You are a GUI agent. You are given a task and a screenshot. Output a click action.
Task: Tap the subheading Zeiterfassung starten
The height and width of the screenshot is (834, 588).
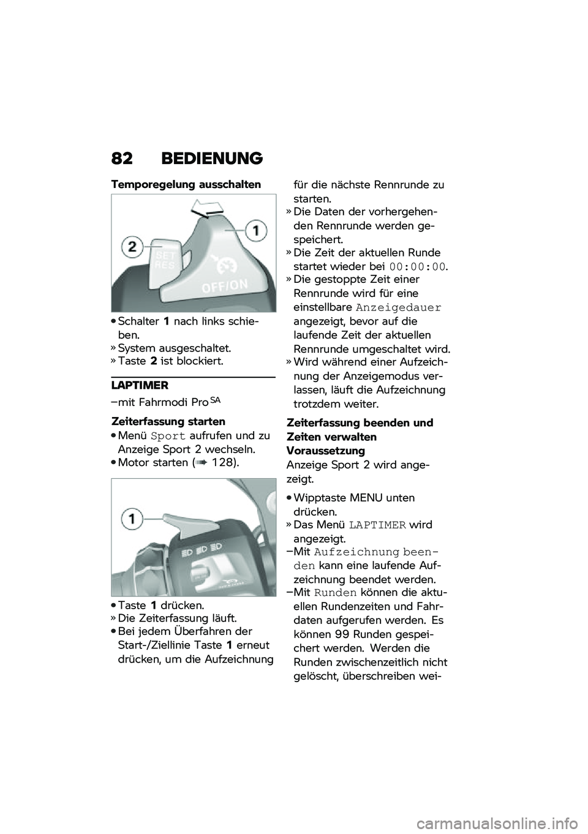pyautogui.click(x=168, y=421)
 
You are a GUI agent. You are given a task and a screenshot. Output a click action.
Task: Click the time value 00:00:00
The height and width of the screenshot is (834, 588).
pyautogui.click(x=417, y=266)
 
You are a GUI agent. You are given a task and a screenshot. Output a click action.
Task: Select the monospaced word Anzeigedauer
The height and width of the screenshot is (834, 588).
pyautogui.click(x=398, y=307)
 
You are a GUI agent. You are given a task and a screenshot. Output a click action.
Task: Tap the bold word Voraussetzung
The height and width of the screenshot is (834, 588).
pyautogui.click(x=325, y=451)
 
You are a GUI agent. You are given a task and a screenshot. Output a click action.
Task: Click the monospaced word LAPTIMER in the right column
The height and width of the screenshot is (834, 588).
pyautogui.click(x=377, y=525)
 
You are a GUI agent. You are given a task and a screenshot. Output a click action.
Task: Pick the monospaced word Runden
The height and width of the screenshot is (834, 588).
pyautogui.click(x=335, y=593)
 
